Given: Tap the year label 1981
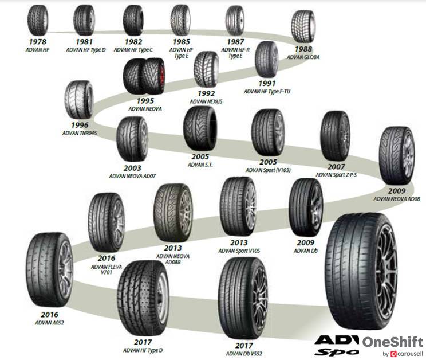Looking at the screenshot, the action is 84,42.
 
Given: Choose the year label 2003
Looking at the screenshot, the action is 132,168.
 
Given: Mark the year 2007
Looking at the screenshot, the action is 336,167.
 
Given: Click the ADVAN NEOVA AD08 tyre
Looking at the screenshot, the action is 396,156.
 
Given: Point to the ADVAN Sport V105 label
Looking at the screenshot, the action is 240,251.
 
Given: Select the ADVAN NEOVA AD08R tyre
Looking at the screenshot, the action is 173,213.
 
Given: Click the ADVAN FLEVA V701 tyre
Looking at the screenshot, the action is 106,221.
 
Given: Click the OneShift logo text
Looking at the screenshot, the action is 392,342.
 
